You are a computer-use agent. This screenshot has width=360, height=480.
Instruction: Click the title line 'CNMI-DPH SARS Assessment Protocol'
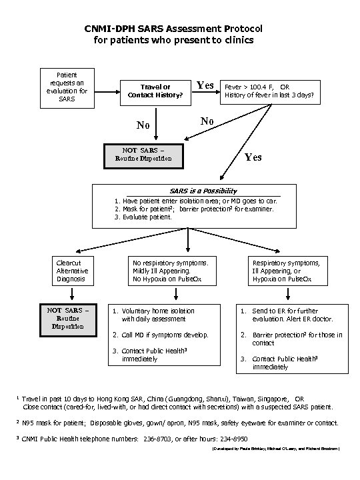(x=174, y=29)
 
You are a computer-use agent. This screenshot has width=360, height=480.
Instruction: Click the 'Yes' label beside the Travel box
(x=205, y=85)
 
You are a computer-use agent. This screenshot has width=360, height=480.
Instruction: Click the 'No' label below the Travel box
(x=143, y=125)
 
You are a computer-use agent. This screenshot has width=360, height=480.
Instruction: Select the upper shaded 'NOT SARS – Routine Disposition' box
(x=143, y=155)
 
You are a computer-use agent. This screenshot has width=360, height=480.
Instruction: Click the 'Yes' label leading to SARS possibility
(x=253, y=157)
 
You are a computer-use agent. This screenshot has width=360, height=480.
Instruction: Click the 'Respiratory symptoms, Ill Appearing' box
(x=290, y=271)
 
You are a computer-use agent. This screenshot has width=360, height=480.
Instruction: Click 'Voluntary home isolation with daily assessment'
(x=158, y=315)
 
